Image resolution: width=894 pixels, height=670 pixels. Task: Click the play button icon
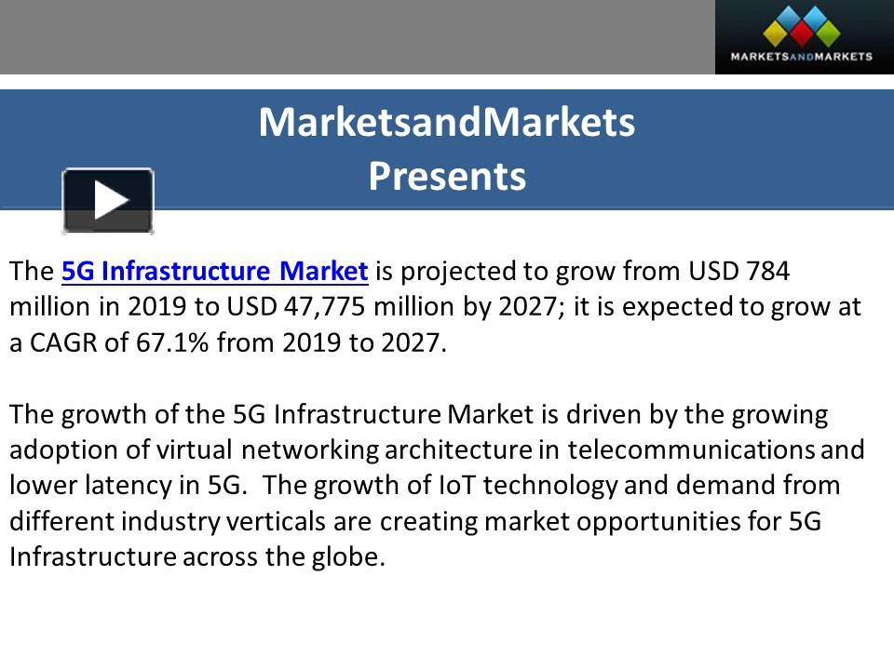108,200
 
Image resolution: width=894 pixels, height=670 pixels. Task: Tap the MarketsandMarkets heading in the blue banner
447,123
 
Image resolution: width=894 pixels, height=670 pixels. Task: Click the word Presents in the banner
447,176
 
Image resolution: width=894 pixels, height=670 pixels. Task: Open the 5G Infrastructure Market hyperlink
215,272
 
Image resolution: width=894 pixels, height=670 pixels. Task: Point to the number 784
767,272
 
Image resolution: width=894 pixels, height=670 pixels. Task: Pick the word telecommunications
691,449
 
